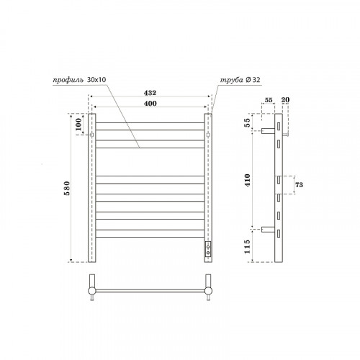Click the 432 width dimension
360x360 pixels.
150,93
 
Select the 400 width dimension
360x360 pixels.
150,104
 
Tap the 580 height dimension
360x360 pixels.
67,188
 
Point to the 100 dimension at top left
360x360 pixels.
78,125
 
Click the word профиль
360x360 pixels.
68,80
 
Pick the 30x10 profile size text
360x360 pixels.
96,80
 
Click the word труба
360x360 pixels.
232,80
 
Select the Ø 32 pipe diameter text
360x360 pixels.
253,80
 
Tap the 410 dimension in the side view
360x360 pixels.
248,180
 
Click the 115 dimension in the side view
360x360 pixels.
247,247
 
